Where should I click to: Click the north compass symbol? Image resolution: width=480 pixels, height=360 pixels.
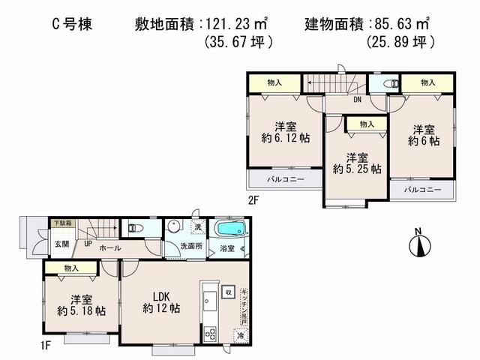click(418, 244)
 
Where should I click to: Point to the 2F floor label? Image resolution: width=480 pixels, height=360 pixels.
click(255, 200)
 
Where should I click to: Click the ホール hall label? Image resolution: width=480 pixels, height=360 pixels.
click(110, 247)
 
